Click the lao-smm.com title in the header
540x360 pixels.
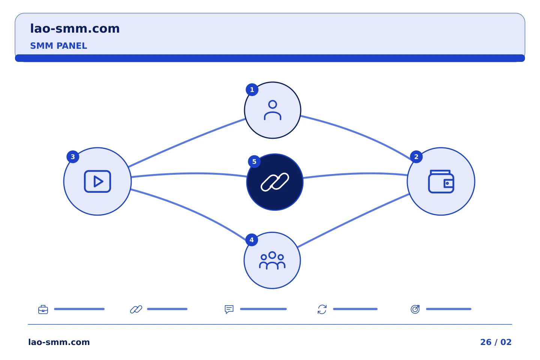[75, 28]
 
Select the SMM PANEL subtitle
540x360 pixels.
[58, 46]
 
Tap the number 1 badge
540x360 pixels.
[252, 90]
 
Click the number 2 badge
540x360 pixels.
[416, 157]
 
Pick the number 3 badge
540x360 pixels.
[73, 157]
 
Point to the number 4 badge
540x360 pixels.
[252, 240]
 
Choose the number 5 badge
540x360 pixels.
[254, 162]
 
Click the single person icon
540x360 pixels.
[272, 110]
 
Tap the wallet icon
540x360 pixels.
[441, 181]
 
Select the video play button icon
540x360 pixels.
[97, 181]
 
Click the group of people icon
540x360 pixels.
[272, 260]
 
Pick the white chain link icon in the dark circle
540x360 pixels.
[275, 182]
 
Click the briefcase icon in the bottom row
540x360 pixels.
[43, 309]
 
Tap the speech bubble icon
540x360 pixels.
[229, 309]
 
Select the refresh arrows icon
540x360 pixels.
[322, 309]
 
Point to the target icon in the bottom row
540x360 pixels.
[415, 309]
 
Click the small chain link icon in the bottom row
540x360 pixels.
[136, 309]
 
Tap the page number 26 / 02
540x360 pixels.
[496, 342]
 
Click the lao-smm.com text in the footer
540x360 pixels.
[59, 342]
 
